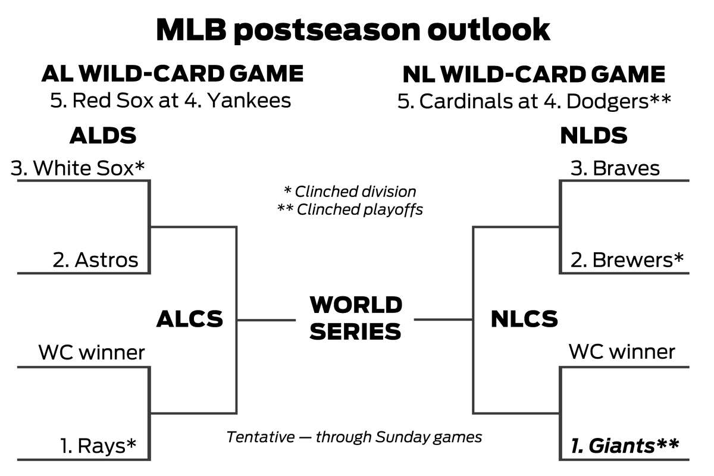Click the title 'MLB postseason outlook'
pyautogui.click(x=353, y=30)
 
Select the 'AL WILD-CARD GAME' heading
pyautogui.click(x=173, y=74)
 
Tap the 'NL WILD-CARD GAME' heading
pyautogui.click(x=534, y=74)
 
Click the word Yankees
pyautogui.click(x=249, y=101)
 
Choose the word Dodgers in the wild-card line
pyautogui.click(x=607, y=101)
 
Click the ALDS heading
pyautogui.click(x=103, y=136)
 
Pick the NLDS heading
pyautogui.click(x=594, y=136)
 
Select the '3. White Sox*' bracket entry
pyautogui.click(x=77, y=168)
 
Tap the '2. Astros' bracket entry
pyautogui.click(x=95, y=260)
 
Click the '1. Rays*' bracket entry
pyautogui.click(x=98, y=446)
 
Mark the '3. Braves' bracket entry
pyautogui.click(x=615, y=168)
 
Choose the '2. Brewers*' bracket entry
pyautogui.click(x=627, y=260)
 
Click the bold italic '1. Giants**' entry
pyautogui.click(x=625, y=446)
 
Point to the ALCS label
pyautogui.click(x=190, y=319)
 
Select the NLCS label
pyautogui.click(x=524, y=319)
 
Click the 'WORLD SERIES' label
pyautogui.click(x=356, y=318)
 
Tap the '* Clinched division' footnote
pyautogui.click(x=350, y=192)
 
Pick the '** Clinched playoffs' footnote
pyautogui.click(x=350, y=209)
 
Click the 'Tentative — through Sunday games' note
pyautogui.click(x=354, y=437)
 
